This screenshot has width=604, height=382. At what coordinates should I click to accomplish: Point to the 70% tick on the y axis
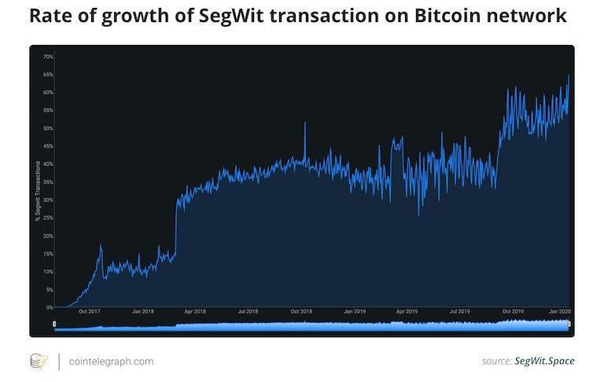click(x=48, y=57)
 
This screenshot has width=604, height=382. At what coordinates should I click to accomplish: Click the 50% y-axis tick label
click(x=48, y=128)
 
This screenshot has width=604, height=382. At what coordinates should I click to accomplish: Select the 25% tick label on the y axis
click(x=48, y=218)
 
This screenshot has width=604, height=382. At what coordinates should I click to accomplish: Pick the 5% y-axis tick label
click(x=50, y=290)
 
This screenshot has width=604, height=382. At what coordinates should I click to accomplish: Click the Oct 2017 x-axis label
click(x=89, y=312)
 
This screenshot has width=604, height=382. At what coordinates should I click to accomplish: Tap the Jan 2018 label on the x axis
click(x=142, y=312)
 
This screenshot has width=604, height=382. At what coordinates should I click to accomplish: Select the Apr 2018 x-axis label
click(x=194, y=312)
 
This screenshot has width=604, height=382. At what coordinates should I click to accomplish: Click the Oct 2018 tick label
click(x=301, y=312)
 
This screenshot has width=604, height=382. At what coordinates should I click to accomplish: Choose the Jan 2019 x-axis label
click(x=355, y=312)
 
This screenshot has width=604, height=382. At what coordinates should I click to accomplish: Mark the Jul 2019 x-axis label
click(x=459, y=312)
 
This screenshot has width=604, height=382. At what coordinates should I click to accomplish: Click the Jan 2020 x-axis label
click(x=559, y=312)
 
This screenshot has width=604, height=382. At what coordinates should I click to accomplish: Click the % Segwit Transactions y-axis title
click(x=37, y=190)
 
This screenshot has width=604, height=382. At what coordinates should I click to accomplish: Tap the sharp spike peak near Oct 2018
click(x=305, y=123)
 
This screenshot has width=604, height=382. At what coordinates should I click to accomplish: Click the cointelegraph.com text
click(x=111, y=362)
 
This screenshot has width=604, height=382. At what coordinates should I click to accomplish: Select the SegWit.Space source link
click(x=544, y=362)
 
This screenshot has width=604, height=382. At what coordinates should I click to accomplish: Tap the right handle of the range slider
click(x=569, y=325)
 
